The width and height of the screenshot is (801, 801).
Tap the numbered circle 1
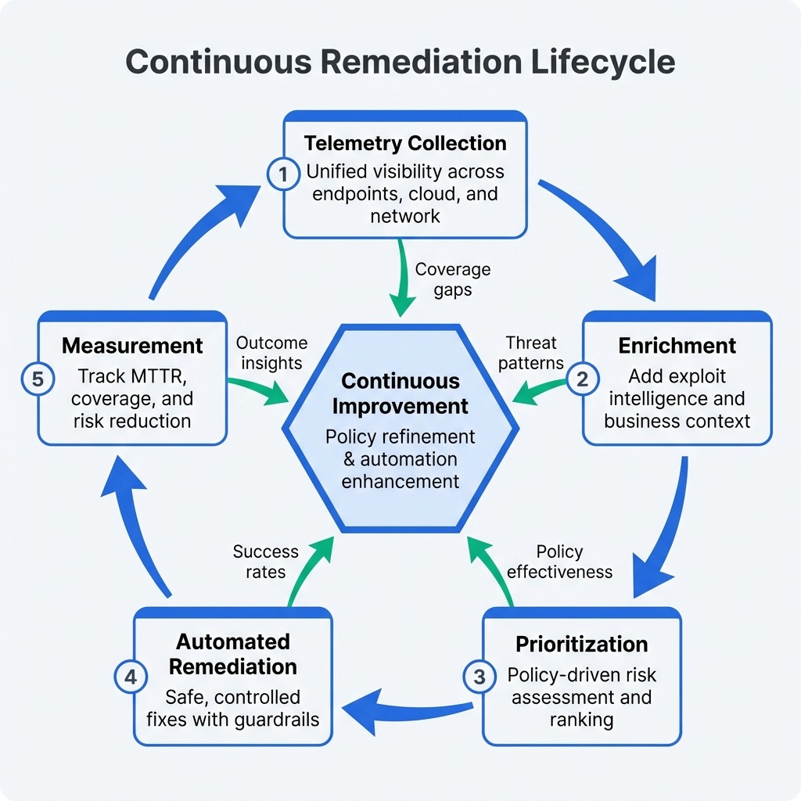282,174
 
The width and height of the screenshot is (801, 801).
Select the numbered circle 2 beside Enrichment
582,379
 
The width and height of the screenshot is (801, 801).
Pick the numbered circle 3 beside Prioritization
480,676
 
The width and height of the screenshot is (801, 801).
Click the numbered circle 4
130,676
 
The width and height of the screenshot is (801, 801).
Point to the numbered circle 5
36,379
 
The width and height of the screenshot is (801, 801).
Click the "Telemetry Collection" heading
405,143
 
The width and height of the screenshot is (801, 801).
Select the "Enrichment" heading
677,346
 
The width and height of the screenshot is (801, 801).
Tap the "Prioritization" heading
581,645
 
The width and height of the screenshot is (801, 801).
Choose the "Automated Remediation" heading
233,654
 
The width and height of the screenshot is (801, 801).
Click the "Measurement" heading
132,346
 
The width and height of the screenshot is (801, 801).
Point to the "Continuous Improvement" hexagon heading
400,393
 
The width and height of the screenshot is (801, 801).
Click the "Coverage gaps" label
453,279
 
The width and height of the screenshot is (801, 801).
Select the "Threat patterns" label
531,353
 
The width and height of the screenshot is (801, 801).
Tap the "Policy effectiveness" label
559,562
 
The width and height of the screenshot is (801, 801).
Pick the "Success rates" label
265,562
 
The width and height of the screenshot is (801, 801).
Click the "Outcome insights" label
271,353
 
